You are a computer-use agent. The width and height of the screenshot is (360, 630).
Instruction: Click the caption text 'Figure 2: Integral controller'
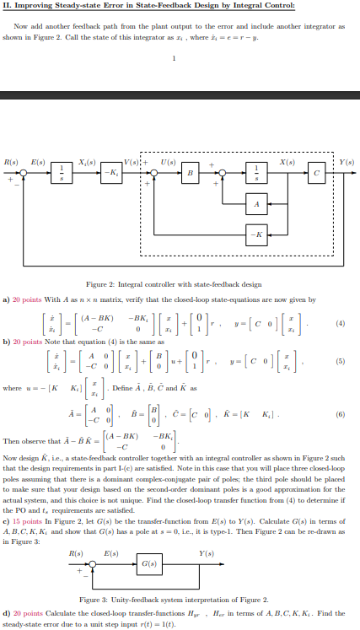tap(179, 285)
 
